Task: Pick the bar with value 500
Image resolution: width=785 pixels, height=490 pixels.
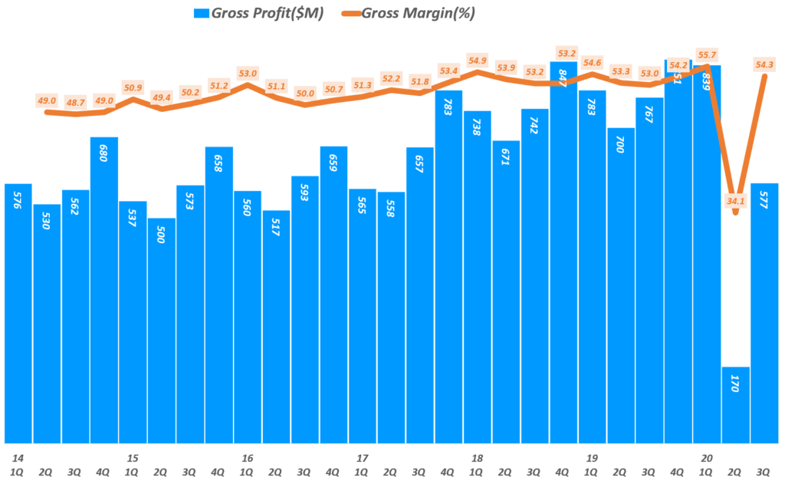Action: click(161, 330)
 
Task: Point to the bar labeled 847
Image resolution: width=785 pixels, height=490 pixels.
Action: click(563, 253)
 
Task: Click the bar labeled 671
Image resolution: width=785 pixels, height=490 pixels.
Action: click(506, 291)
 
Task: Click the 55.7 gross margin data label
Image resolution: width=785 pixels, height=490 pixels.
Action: click(706, 55)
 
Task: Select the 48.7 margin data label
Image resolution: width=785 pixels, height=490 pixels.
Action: click(75, 102)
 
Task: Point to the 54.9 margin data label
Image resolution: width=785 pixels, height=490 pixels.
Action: click(477, 61)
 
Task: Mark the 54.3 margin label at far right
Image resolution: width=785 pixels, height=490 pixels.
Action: click(764, 64)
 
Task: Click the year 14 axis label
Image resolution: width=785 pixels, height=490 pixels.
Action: click(17, 458)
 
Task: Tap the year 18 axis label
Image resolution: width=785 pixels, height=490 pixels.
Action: click(477, 458)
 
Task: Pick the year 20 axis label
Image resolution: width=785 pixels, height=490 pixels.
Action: click(706, 458)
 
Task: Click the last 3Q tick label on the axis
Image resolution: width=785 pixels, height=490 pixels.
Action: click(764, 471)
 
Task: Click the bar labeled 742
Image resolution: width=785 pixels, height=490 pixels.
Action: click(534, 276)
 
